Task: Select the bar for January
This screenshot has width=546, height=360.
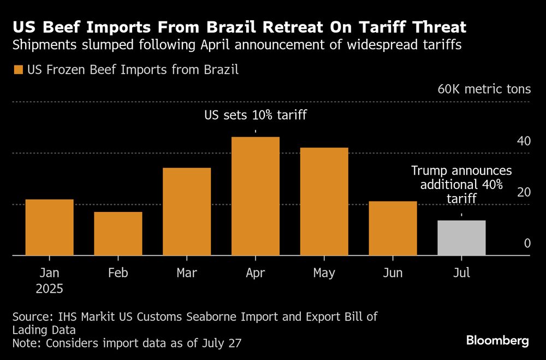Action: (x=50, y=227)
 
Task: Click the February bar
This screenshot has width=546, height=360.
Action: (x=118, y=233)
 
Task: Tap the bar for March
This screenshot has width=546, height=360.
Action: (x=187, y=211)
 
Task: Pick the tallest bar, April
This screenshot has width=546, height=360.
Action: (x=256, y=196)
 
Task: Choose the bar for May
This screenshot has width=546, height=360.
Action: (x=324, y=202)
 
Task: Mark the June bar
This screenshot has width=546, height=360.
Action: (x=393, y=228)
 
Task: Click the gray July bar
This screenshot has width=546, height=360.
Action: (x=461, y=238)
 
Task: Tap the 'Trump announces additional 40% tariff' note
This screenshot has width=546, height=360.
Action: (x=461, y=185)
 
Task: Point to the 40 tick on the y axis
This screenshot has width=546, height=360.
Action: (x=524, y=141)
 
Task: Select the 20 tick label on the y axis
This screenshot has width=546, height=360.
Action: (x=524, y=192)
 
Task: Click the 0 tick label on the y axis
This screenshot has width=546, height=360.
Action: (x=527, y=243)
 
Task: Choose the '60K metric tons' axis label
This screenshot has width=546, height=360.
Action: (x=484, y=89)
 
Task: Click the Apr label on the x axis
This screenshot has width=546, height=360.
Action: (x=256, y=273)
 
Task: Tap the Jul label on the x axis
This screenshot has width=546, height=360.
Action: (x=461, y=273)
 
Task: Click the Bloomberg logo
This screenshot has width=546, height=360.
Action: (x=497, y=341)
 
